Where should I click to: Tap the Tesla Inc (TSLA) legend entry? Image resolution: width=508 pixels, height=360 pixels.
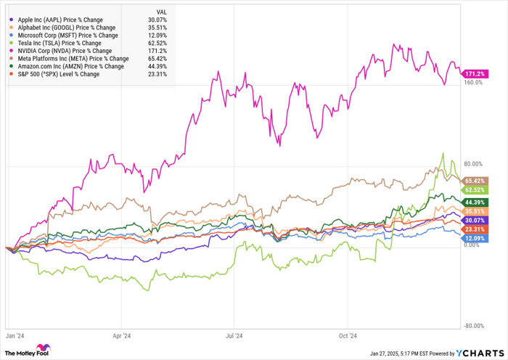tap(55, 44)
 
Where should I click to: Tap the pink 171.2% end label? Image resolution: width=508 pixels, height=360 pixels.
tap(476, 74)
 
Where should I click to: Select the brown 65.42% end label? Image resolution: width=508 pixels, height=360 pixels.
tap(476, 179)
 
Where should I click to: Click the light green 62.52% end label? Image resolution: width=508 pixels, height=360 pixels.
tap(476, 189)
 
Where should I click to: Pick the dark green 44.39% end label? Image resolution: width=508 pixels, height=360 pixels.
tap(476, 201)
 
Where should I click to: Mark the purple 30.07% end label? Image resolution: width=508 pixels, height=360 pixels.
tap(476, 220)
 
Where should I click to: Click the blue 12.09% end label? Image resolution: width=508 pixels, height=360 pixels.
tap(476, 238)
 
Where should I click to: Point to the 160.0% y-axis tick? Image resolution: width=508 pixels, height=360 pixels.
tap(474, 83)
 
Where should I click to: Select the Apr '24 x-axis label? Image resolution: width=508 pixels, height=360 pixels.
tap(121, 335)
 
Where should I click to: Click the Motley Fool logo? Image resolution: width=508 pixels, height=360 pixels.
tap(30, 351)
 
